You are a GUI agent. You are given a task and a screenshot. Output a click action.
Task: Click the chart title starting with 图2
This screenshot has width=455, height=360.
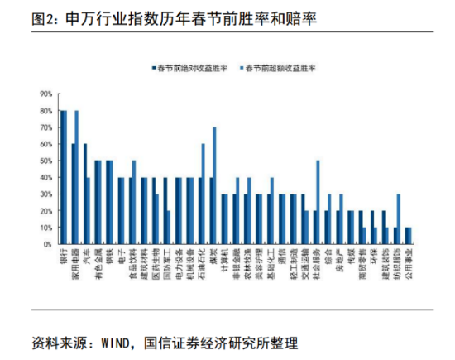[162, 17]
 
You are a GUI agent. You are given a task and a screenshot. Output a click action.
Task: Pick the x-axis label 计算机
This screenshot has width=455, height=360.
[224, 260]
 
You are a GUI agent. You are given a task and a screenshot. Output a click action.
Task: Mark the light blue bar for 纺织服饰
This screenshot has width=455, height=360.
[399, 219]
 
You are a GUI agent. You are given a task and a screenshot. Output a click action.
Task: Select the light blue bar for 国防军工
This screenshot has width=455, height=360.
[169, 228]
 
